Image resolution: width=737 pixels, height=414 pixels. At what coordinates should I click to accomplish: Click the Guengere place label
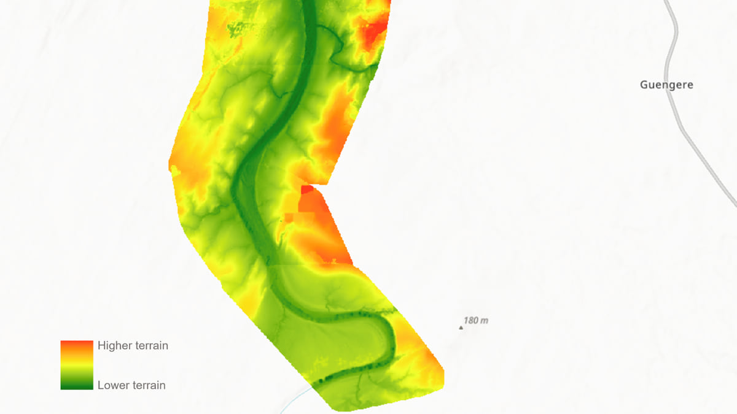(666, 85)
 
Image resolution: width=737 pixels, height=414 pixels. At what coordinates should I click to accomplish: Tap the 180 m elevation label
(476, 320)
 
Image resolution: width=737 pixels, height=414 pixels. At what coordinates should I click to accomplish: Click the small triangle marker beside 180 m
(461, 328)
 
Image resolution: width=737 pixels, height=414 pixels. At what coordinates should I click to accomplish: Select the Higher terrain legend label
(133, 345)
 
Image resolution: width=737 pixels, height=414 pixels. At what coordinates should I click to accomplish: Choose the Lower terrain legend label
(131, 385)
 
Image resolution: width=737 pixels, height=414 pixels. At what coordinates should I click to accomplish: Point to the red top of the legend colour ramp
(77, 345)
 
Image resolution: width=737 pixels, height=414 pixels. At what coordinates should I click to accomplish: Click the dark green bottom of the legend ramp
(77, 385)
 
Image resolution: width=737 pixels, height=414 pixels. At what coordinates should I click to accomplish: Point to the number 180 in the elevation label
(470, 320)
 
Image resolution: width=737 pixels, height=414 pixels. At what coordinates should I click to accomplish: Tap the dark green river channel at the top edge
(309, 6)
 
